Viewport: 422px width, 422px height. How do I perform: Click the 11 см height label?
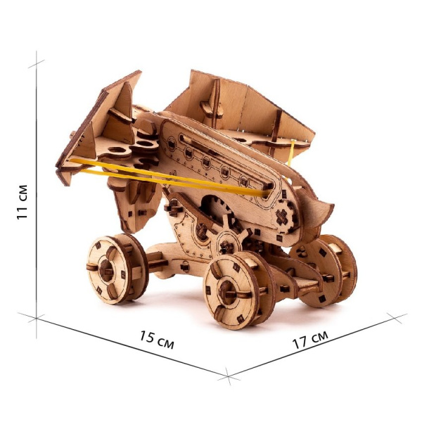[22, 202]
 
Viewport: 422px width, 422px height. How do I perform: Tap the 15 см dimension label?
[157, 340]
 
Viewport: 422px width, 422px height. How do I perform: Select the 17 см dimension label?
[310, 340]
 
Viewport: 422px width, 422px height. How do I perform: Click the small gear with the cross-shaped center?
[284, 217]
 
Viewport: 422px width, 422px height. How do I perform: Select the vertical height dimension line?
[37, 194]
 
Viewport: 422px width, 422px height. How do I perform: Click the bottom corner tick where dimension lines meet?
[228, 376]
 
